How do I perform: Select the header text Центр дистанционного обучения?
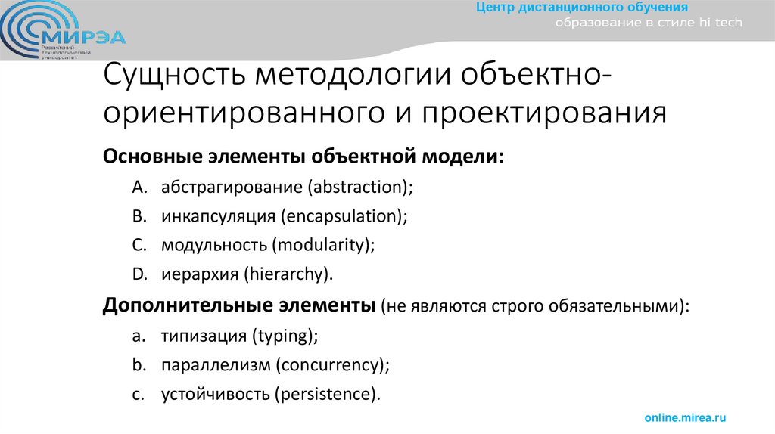tap(581, 8)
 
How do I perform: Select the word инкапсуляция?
tap(217, 215)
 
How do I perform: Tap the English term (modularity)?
tap(324, 244)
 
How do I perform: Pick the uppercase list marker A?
tap(137, 187)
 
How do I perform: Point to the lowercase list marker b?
tap(137, 365)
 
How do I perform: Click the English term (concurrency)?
tap(332, 365)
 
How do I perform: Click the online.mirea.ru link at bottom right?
tap(685, 417)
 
